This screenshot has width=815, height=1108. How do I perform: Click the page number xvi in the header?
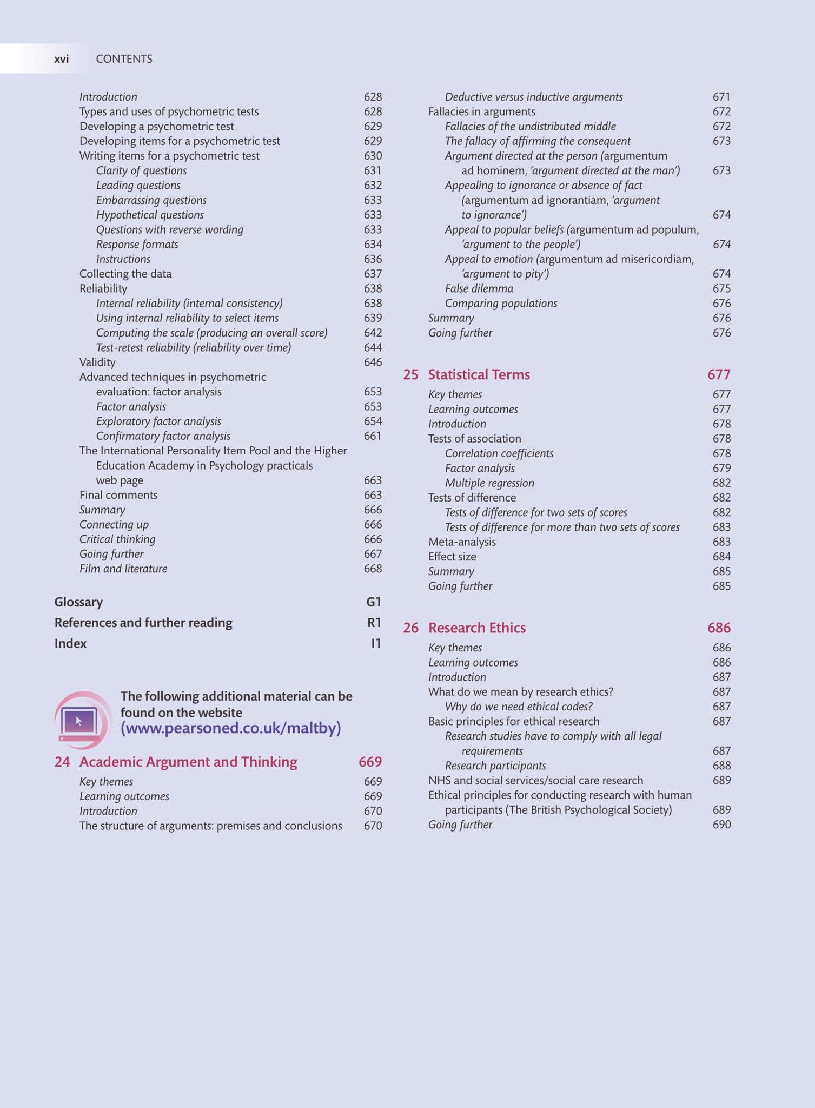[x=61, y=59]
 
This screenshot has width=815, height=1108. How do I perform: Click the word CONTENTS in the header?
[x=124, y=59]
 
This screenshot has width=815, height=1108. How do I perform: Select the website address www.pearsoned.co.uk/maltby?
[x=231, y=728]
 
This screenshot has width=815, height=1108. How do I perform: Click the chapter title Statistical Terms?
[x=479, y=374]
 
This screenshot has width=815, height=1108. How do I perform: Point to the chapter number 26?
[x=410, y=628]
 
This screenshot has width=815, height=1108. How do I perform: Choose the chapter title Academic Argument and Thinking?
[x=188, y=762]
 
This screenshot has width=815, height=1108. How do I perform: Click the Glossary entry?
[x=78, y=602]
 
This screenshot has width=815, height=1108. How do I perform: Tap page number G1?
[x=374, y=602]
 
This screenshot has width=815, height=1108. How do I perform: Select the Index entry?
[x=70, y=643]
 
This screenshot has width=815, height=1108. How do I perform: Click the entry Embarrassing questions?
[x=151, y=200]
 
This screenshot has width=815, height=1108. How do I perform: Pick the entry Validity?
[x=97, y=362]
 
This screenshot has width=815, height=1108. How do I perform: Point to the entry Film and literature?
[x=123, y=569]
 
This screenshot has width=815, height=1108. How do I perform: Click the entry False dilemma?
[x=479, y=288]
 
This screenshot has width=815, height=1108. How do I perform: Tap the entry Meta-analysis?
[x=462, y=542]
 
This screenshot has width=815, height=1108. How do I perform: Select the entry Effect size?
[x=452, y=557]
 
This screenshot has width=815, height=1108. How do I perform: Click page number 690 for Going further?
[x=721, y=825]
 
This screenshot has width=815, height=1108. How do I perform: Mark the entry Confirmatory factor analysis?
[x=163, y=436]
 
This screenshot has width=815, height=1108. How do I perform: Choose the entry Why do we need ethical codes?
[x=519, y=707]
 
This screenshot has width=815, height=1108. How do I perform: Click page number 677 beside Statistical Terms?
[x=719, y=374]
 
